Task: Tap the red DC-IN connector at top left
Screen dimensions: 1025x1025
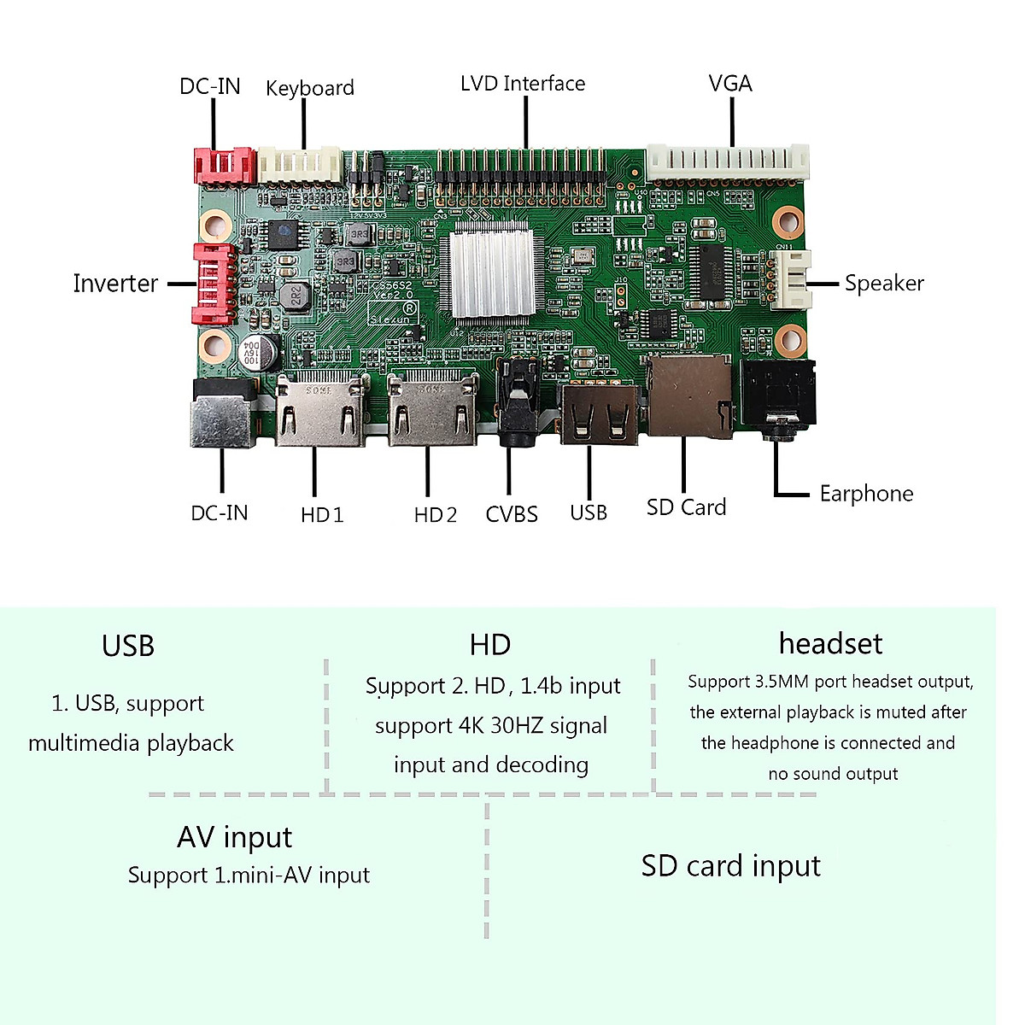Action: click(x=225, y=166)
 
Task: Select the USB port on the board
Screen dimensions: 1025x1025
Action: click(x=599, y=415)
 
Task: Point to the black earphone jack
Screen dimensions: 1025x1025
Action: click(x=778, y=394)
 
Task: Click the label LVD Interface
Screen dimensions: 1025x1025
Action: click(x=523, y=84)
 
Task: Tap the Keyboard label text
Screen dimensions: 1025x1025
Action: click(x=309, y=88)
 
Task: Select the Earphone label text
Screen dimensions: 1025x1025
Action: click(x=866, y=494)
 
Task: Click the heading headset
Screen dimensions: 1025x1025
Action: click(x=830, y=643)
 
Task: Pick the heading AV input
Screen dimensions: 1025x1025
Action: click(x=234, y=837)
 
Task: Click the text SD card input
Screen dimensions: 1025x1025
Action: click(x=730, y=865)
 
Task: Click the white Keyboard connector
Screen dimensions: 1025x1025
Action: click(x=300, y=164)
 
